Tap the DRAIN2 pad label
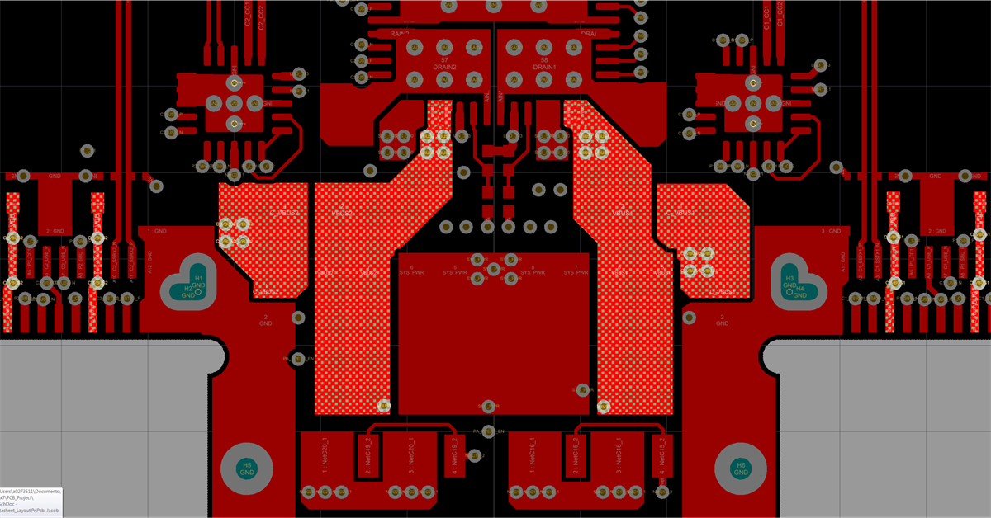point(444,67)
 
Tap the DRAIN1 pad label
point(544,67)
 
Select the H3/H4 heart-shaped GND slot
point(796,284)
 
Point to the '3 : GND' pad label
point(832,232)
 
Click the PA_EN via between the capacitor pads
point(488,431)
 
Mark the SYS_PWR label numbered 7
point(576,271)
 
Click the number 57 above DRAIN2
point(444,60)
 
